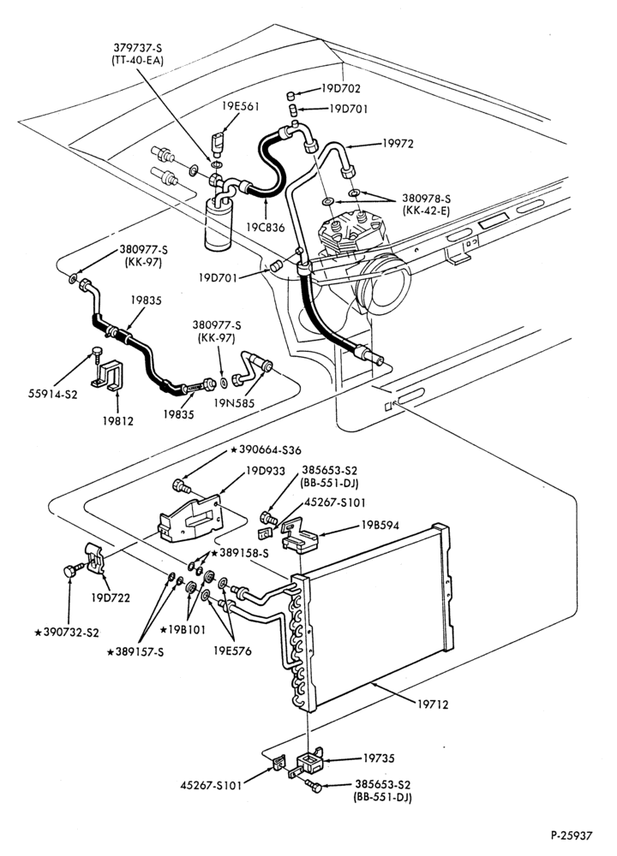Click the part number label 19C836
266,227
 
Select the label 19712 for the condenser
433,704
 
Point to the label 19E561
241,106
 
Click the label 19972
398,144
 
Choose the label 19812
117,421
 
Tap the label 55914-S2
53,394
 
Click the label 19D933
266,471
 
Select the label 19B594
380,526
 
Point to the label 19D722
111,597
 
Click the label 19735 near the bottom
379,758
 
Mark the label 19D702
341,88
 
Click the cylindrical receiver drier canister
218,224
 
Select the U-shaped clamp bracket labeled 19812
110,375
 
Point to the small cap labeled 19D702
291,97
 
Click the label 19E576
232,651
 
